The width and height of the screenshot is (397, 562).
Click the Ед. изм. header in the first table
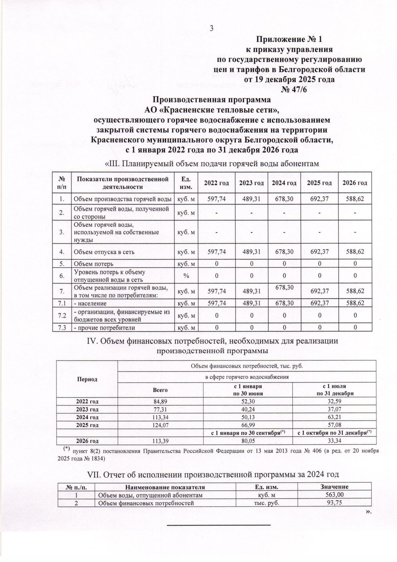[x=186, y=183]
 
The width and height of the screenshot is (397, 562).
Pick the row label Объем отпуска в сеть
[x=104, y=252]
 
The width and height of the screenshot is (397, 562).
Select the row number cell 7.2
[x=62, y=316]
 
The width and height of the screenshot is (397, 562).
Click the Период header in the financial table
[x=87, y=379]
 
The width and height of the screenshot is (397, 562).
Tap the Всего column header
[x=160, y=390]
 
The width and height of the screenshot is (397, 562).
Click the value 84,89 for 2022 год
[x=160, y=402]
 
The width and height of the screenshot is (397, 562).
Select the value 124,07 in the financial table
[x=160, y=425]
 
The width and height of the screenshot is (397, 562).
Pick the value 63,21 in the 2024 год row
[x=334, y=417]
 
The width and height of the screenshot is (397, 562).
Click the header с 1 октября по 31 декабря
[x=334, y=433]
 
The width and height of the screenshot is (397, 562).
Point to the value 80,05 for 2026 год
[x=248, y=440]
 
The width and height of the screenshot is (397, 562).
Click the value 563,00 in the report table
[x=334, y=495]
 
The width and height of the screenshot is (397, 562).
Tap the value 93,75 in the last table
[x=334, y=503]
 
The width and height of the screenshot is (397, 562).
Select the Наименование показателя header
[x=165, y=487]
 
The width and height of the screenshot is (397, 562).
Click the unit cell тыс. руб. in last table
[x=266, y=503]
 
